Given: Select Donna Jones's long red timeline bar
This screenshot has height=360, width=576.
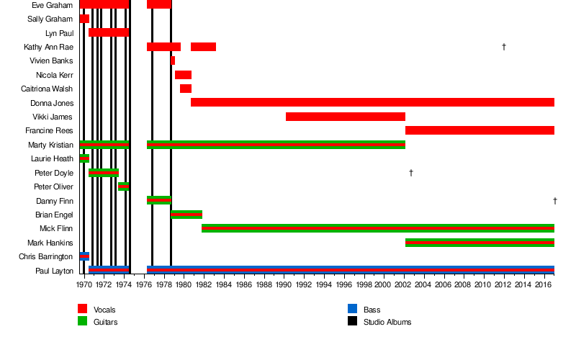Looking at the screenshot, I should pos(372,102).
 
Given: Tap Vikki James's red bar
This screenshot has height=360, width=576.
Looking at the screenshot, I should pos(345,117).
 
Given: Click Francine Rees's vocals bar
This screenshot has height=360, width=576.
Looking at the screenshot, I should pos(480,130).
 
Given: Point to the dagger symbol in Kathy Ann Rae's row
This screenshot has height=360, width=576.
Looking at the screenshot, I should pos(504,47).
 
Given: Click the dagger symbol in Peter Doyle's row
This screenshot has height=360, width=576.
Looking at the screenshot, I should pos(410,173).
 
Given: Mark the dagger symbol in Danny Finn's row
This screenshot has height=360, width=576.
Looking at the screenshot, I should pos(555,201).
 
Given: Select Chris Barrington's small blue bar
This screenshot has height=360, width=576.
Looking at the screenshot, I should pos(84,256).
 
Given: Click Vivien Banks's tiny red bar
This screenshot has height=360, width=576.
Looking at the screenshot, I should pos(173,60).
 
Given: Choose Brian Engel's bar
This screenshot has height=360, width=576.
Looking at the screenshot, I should pos(186,215).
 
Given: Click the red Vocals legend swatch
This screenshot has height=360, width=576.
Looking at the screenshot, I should pos(82,309).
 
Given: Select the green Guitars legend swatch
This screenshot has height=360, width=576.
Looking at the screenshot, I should pos(82,321).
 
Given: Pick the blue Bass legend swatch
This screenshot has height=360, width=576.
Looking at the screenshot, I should pos(352,309).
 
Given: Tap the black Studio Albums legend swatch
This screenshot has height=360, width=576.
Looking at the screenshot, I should pos(352,321).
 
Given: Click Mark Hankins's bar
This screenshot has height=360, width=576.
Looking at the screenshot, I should pos(480,243).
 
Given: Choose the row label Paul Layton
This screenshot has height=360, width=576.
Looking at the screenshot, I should pos(54,271).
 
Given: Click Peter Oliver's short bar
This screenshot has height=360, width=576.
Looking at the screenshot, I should pos(123,186).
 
